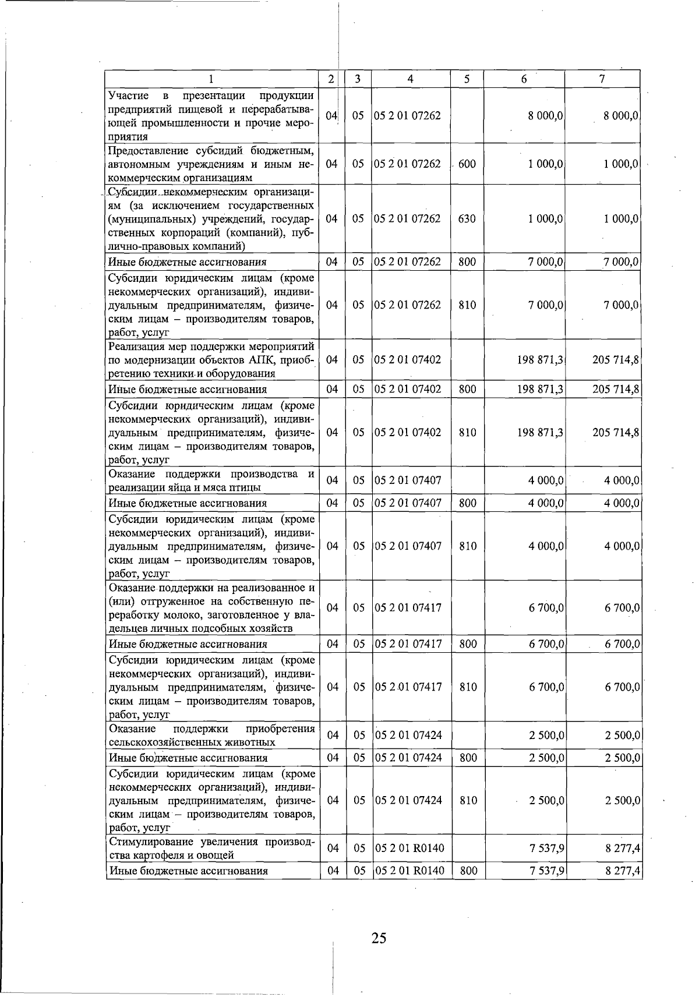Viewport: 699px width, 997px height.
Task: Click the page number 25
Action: (379, 938)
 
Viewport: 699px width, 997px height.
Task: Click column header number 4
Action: (410, 79)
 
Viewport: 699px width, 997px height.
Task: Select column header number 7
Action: (602, 79)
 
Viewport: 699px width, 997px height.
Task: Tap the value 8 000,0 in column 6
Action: (545, 115)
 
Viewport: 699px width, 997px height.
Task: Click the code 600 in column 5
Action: (467, 164)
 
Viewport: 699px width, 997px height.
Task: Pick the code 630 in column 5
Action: (467, 218)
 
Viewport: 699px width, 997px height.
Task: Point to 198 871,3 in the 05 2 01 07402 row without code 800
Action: (540, 359)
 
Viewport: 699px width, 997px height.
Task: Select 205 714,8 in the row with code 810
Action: (616, 432)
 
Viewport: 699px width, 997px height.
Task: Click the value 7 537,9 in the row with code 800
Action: (546, 871)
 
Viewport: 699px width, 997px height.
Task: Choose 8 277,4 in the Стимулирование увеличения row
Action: (623, 848)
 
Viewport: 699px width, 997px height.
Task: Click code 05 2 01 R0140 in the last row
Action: (409, 871)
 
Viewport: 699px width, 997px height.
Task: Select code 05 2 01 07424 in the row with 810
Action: (408, 800)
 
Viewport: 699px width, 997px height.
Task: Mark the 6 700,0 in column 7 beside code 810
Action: (622, 687)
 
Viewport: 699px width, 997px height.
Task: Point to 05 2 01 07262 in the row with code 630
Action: (407, 218)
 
